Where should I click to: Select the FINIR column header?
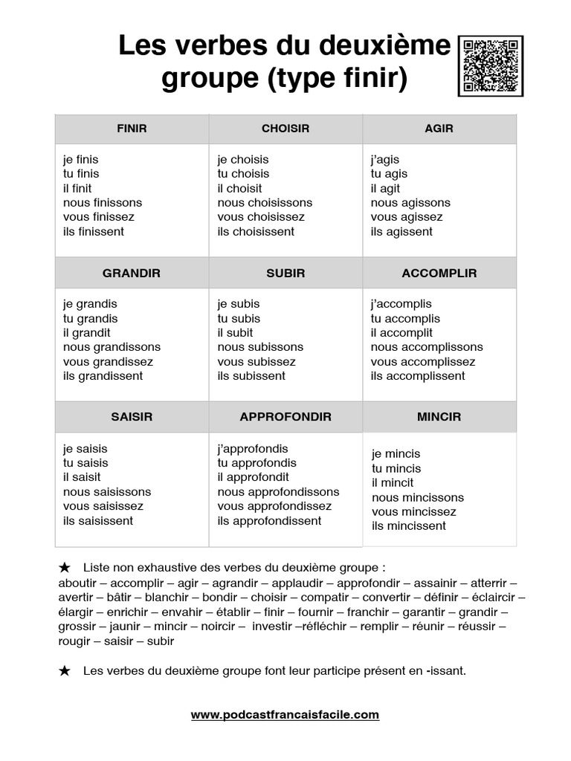click(x=132, y=129)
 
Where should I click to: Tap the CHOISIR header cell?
click(x=285, y=129)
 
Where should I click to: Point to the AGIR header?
click(x=439, y=129)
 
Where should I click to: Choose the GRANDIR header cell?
click(x=132, y=273)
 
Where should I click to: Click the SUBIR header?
click(x=285, y=273)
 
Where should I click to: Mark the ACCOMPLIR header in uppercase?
click(x=439, y=273)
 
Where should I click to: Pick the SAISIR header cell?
click(x=132, y=417)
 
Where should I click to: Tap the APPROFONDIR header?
click(x=285, y=417)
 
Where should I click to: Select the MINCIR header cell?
click(x=439, y=417)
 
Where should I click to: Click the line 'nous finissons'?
click(x=103, y=203)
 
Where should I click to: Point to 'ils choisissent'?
click(x=256, y=232)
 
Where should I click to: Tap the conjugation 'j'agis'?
click(x=385, y=160)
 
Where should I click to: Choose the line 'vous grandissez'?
click(x=108, y=362)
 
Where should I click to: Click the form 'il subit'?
click(x=235, y=333)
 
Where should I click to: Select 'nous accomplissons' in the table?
click(x=427, y=347)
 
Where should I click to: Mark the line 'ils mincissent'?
click(x=409, y=526)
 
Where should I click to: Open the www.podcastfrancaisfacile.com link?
click(x=285, y=715)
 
